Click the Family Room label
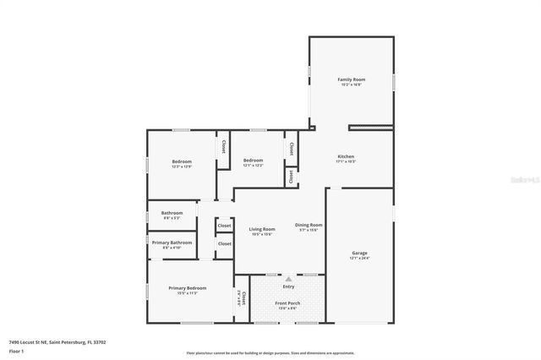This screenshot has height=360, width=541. click(351, 79)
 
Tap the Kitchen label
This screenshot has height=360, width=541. click(346, 156)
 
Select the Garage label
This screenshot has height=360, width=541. click(359, 253)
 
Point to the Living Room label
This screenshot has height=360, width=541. click(262, 229)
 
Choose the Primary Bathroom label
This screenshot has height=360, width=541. click(172, 243)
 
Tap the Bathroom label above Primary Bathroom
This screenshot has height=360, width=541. click(172, 213)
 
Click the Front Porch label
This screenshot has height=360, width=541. click(287, 303)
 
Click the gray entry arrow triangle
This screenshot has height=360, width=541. click(288, 278)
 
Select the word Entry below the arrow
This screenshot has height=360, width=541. click(288, 286)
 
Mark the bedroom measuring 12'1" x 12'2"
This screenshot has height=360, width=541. click(254, 163)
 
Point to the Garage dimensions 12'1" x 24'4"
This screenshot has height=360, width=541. click(359, 258)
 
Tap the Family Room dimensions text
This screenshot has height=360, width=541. click(351, 85)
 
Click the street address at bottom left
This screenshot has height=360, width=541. click(57, 342)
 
